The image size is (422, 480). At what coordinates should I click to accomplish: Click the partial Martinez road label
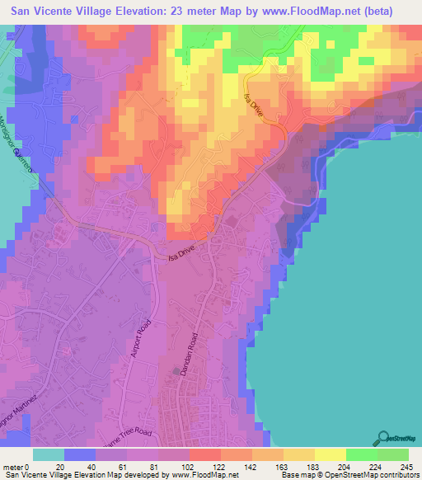coord(18,411)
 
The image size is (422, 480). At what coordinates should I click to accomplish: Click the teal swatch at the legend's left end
coord(49,454)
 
